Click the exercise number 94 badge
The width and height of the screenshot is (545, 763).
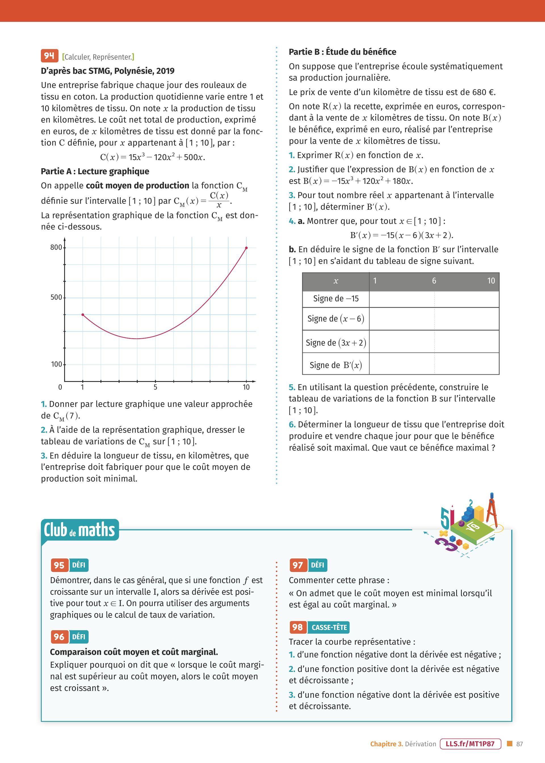(x=49, y=56)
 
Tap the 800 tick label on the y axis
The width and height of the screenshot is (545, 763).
(x=56, y=247)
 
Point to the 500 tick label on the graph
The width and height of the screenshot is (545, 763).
(x=56, y=297)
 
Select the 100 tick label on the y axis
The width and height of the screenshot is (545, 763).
(x=56, y=364)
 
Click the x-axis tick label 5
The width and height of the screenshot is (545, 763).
(x=155, y=387)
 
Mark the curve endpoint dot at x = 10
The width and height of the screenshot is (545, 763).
(x=246, y=248)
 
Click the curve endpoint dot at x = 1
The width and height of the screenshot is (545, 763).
(x=83, y=315)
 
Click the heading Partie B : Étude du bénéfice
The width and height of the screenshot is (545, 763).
(x=342, y=52)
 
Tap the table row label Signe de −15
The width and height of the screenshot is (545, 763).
(x=336, y=299)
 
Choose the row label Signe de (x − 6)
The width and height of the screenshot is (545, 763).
(x=336, y=319)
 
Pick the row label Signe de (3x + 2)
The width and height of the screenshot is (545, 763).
(x=336, y=343)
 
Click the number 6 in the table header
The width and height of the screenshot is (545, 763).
(x=434, y=281)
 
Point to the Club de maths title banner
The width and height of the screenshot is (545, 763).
(x=79, y=530)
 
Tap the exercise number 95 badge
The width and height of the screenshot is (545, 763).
(x=59, y=565)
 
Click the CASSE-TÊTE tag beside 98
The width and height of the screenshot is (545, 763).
(x=329, y=627)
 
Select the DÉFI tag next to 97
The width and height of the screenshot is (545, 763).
(x=317, y=565)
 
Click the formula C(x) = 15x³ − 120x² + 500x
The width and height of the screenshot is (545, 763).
(x=152, y=157)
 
